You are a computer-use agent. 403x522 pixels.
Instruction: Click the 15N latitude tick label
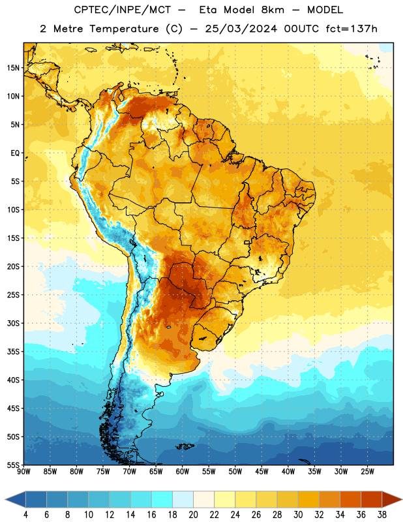click(13, 68)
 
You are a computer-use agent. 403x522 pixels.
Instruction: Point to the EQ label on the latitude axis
click(15, 153)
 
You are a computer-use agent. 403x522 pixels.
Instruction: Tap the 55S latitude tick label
click(13, 465)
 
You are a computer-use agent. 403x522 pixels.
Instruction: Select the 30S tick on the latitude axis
click(13, 323)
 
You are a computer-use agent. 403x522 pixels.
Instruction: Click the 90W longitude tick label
click(23, 472)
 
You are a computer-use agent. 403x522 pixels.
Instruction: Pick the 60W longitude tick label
click(183, 472)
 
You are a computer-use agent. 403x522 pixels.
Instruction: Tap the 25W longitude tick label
click(367, 472)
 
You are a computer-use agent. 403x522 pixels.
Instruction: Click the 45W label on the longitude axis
click(261, 472)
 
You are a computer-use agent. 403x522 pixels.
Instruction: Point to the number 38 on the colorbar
click(382, 515)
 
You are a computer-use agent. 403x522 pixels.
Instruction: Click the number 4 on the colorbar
click(25, 515)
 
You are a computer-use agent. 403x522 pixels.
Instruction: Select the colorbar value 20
click(193, 515)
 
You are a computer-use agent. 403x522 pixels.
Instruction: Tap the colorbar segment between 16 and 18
click(162, 499)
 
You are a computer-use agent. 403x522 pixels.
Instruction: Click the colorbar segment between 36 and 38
click(372, 499)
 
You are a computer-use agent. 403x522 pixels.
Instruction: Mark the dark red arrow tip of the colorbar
click(402, 499)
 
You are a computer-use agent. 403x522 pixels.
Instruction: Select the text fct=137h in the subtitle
click(351, 29)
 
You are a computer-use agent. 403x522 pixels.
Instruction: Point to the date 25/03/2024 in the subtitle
click(241, 29)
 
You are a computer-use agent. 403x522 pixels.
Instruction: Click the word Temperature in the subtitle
click(124, 29)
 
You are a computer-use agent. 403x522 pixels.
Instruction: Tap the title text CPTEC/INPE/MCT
click(122, 10)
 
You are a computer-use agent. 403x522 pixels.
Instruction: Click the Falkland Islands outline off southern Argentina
click(185, 446)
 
